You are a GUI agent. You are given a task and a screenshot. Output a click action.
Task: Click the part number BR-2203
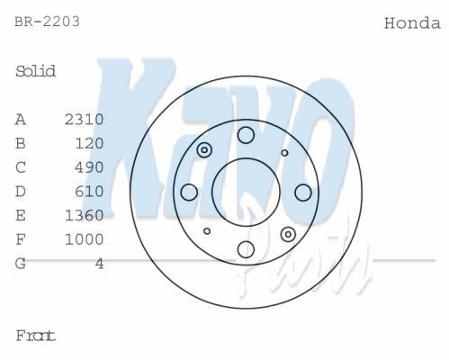tap(48, 22)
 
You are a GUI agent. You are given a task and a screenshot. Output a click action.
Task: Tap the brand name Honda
tap(412, 23)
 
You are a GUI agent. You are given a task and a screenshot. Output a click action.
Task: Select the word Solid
tap(35, 71)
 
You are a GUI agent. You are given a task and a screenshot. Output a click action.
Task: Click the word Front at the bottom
tap(35, 336)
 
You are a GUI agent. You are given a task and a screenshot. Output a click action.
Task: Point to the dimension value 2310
tap(85, 120)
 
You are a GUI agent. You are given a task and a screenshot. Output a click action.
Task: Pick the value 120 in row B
tap(89, 143)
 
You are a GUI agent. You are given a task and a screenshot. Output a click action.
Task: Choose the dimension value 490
tap(89, 167)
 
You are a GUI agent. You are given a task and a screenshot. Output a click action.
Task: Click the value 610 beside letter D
tap(89, 192)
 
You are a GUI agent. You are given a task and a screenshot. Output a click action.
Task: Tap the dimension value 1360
tap(85, 215)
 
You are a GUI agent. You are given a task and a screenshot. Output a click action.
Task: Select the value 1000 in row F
tap(85, 239)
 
